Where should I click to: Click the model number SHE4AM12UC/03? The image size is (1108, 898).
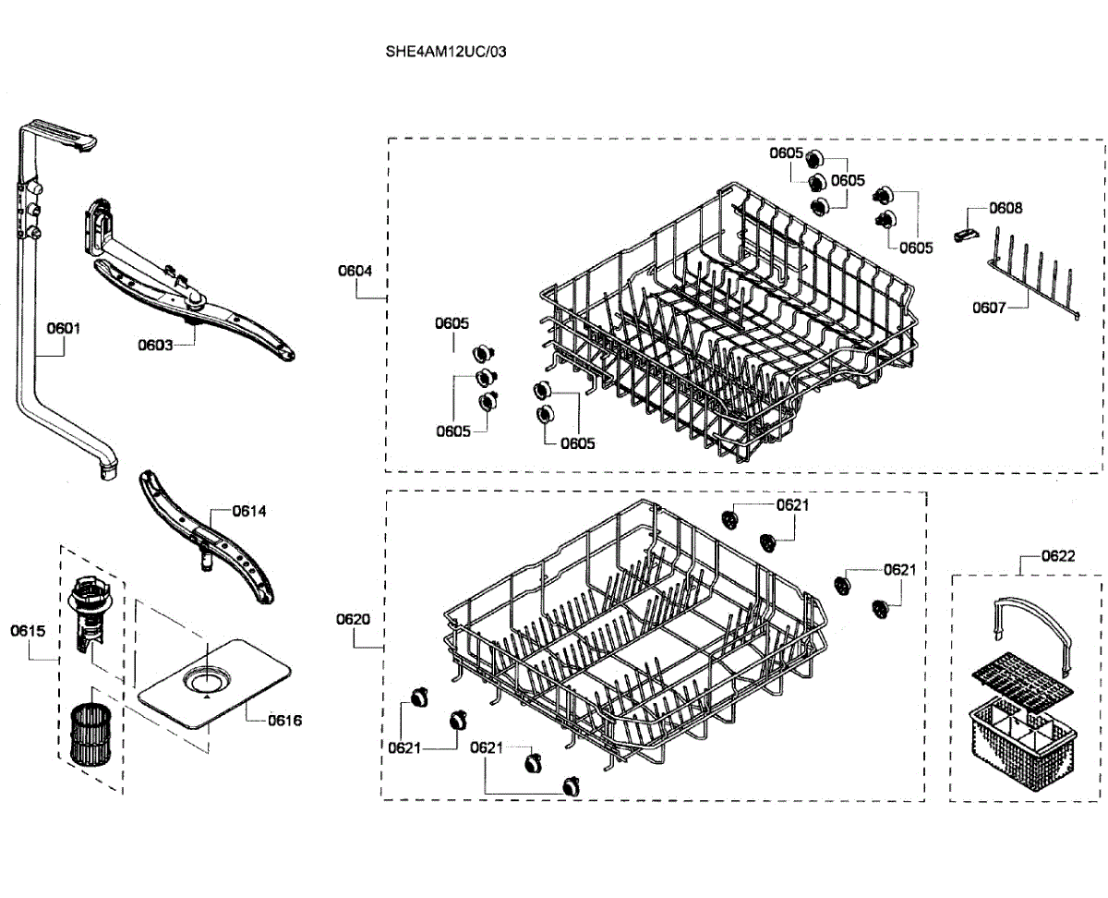(446, 52)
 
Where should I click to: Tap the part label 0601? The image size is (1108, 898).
(64, 327)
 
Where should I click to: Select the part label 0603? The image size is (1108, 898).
(155, 346)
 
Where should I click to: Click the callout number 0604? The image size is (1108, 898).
(355, 271)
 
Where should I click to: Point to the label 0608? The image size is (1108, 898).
(1006, 209)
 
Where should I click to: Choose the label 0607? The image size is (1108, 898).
(989, 308)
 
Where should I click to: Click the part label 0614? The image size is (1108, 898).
(249, 511)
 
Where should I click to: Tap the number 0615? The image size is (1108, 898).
(28, 631)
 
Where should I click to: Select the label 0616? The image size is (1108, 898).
(284, 721)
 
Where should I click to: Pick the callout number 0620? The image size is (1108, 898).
(354, 619)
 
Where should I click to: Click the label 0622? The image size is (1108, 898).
(1057, 556)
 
